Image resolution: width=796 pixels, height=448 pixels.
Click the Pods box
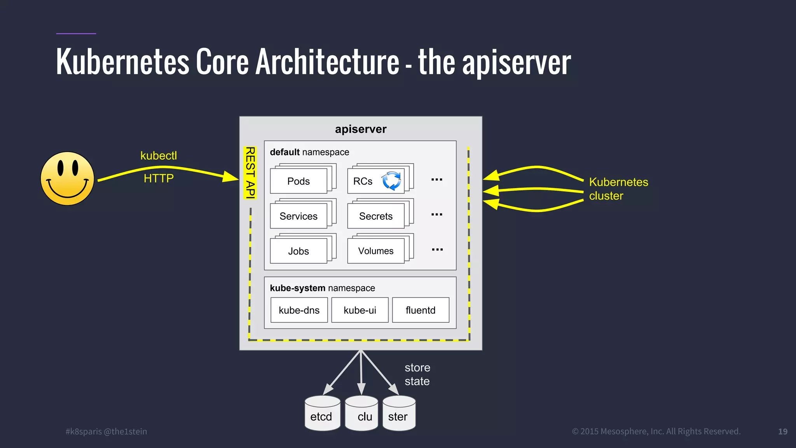pyautogui.click(x=298, y=181)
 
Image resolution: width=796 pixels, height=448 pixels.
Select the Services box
pyautogui.click(x=298, y=216)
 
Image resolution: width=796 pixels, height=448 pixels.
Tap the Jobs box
pyautogui.click(x=298, y=251)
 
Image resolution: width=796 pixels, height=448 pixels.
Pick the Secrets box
pyautogui.click(x=375, y=216)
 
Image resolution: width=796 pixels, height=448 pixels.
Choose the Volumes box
pyautogui.click(x=375, y=251)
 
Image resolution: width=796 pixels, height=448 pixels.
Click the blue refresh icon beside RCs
pyautogui.click(x=391, y=181)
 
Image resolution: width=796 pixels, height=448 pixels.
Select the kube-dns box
pyautogui.click(x=299, y=310)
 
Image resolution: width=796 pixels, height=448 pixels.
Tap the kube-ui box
pyautogui.click(x=360, y=310)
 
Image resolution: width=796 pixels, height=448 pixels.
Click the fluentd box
pyautogui.click(x=421, y=310)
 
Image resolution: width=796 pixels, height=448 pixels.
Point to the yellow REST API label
pyautogui.click(x=250, y=172)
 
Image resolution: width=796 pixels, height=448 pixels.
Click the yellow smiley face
pyautogui.click(x=68, y=178)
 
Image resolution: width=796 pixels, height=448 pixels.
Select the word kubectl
pyautogui.click(x=159, y=156)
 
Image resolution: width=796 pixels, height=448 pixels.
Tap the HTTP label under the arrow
pyautogui.click(x=159, y=178)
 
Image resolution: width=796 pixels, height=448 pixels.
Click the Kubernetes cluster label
pyautogui.click(x=618, y=189)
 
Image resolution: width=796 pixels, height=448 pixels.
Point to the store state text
pyautogui.click(x=417, y=374)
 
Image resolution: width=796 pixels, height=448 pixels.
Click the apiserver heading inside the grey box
pyautogui.click(x=361, y=129)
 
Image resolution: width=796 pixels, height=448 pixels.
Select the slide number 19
pyautogui.click(x=782, y=431)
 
